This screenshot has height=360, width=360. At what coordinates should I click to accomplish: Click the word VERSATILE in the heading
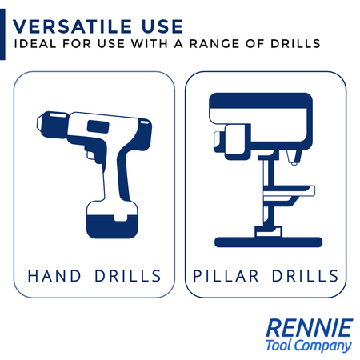(72, 26)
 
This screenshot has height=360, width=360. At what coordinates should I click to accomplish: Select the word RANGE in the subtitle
(214, 44)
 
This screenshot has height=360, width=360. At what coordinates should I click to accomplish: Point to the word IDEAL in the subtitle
(35, 44)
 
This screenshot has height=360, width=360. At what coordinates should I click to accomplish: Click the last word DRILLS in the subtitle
(295, 44)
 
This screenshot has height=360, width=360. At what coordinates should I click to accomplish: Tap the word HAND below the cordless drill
(54, 276)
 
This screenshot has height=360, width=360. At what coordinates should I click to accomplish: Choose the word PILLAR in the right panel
(226, 276)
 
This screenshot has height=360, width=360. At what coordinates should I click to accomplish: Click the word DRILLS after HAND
(128, 276)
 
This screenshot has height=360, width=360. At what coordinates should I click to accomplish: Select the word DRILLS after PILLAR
(305, 276)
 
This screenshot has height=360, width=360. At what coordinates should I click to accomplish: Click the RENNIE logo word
(310, 328)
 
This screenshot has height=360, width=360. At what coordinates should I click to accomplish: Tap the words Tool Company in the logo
(309, 346)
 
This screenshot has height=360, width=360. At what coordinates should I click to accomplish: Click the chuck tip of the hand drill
(39, 124)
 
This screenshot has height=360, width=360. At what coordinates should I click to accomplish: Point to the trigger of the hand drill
(90, 155)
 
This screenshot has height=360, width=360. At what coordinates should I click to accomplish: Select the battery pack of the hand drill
(112, 219)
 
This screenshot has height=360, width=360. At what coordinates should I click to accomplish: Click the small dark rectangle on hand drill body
(98, 126)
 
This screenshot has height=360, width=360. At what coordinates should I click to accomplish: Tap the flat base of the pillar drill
(269, 242)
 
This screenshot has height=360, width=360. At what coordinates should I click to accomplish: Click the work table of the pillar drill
(289, 191)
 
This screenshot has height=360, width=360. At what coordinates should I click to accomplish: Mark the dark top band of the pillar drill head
(261, 101)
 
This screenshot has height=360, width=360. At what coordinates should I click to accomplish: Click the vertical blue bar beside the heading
(2, 34)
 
